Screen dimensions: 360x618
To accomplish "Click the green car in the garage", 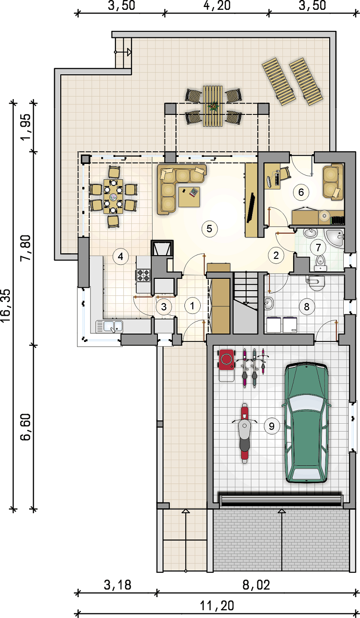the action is (306, 422).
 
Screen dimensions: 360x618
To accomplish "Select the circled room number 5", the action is (209, 229).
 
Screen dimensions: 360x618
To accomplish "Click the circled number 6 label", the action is (301, 192).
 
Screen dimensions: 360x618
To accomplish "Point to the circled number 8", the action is (306, 306).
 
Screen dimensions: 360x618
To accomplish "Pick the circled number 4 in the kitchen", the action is (120, 257).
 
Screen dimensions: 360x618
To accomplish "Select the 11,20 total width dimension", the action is (217, 606).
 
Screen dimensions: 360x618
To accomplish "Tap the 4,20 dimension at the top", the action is (217, 6).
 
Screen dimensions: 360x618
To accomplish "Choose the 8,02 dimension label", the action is (256, 585).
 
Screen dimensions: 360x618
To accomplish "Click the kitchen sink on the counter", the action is (109, 327).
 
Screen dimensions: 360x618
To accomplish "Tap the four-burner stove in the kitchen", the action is (143, 275).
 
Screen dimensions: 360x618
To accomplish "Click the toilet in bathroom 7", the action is (320, 263).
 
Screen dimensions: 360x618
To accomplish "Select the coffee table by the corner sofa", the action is (189, 197).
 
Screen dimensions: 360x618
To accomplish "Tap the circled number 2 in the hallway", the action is (276, 255).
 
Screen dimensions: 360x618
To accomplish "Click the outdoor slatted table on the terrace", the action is (213, 106).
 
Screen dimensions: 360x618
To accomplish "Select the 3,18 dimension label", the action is (118, 585).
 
